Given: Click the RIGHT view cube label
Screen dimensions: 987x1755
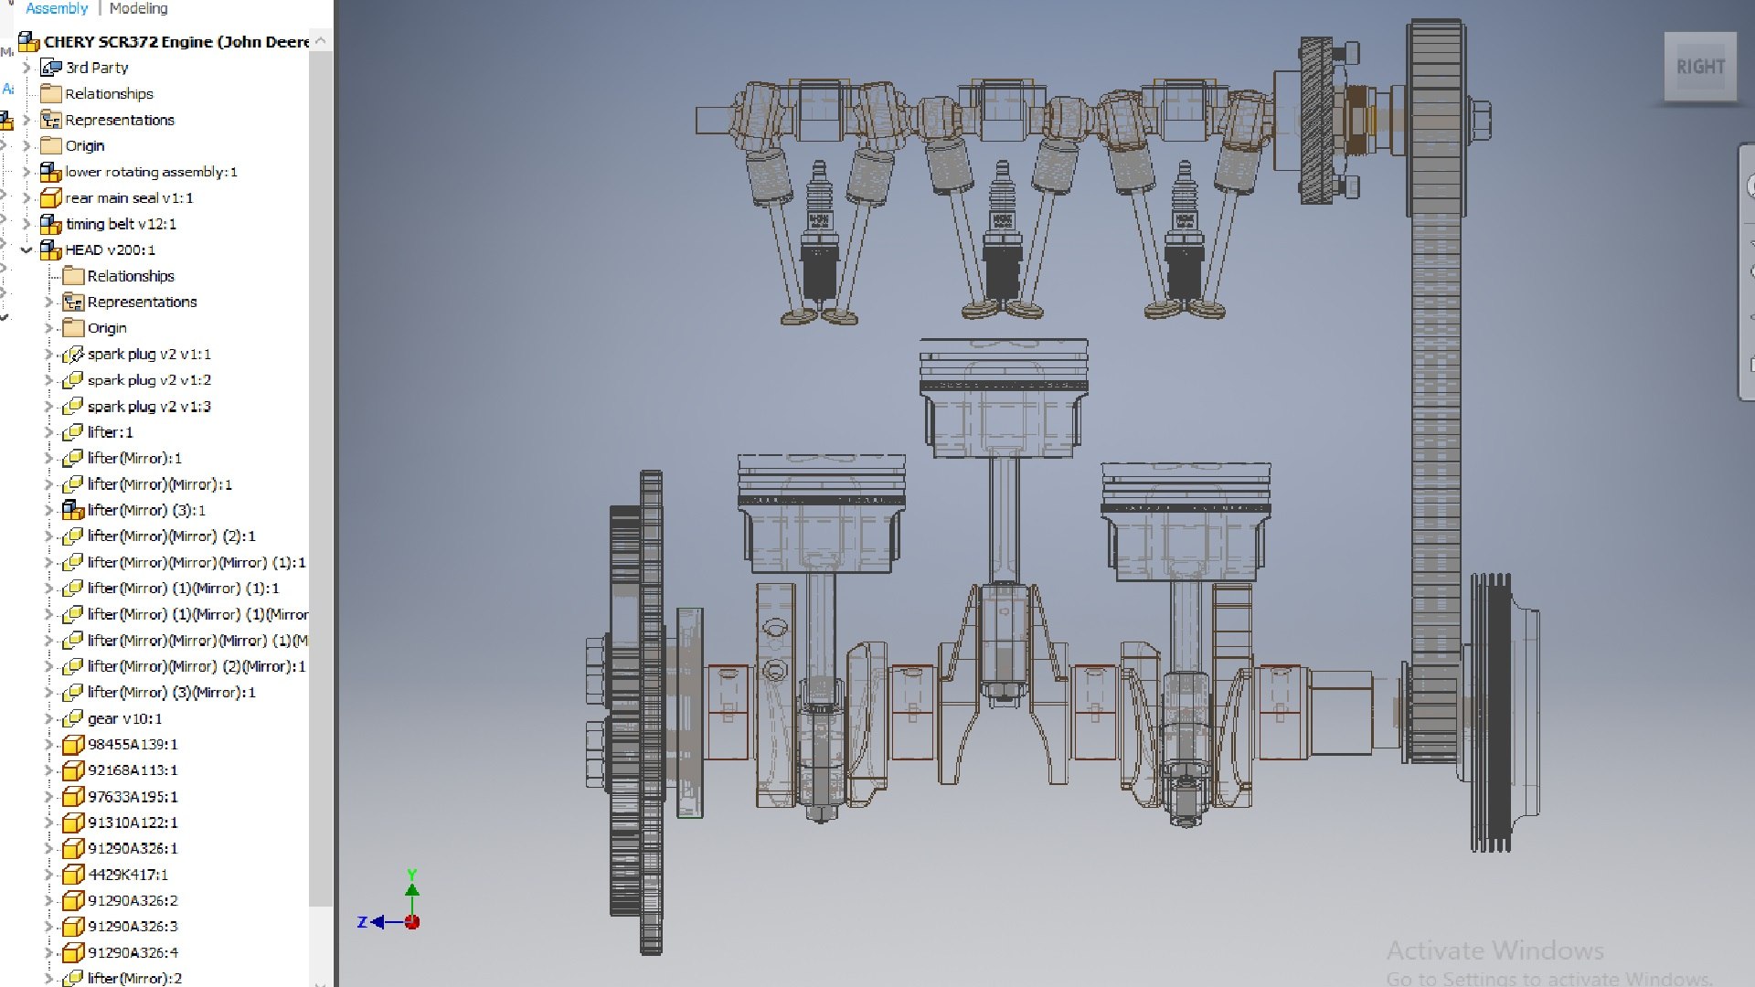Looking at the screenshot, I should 1699,67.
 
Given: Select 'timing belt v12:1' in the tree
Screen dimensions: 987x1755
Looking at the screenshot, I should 120,224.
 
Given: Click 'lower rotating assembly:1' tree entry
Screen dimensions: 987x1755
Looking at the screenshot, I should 150,172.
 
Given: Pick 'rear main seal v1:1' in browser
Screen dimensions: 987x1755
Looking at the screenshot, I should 128,197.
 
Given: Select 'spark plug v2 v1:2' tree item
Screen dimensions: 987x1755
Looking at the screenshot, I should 148,380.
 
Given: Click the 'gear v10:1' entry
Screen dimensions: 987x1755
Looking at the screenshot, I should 123,718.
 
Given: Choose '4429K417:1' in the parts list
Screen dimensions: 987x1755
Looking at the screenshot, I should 127,875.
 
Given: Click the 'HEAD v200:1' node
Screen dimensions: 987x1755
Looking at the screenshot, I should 109,249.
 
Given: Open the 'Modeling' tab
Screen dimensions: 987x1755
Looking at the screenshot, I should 138,8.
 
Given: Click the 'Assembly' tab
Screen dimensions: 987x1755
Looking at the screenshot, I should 57,8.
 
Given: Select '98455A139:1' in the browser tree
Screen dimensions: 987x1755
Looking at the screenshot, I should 132,744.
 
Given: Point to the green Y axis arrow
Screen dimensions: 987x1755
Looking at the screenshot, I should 412,889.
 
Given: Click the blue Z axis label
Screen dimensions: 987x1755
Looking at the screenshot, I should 362,922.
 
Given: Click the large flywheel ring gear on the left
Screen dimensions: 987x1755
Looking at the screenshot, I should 650,713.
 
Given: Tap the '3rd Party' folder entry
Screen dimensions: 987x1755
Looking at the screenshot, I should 96,68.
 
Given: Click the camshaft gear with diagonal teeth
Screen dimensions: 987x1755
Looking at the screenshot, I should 1316,120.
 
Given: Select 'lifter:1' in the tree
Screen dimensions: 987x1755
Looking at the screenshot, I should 109,432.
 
